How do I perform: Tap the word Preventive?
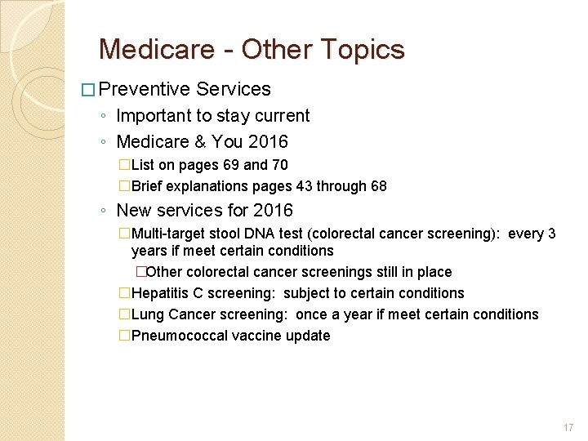(145, 89)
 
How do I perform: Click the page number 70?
(279, 165)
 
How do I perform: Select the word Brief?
(149, 186)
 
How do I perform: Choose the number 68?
(378, 186)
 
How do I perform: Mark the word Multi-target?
(170, 234)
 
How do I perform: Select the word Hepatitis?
(160, 293)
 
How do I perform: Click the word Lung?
(147, 314)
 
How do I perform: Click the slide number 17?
(568, 428)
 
